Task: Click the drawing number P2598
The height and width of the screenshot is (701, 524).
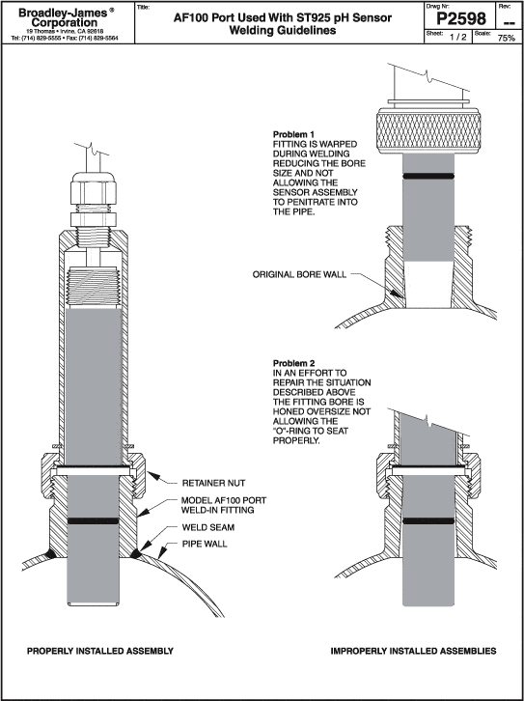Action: pos(460,18)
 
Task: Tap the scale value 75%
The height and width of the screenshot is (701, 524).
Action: pos(506,38)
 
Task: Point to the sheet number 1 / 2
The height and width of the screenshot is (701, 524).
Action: pos(457,38)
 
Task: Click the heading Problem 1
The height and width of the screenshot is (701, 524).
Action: pos(294,134)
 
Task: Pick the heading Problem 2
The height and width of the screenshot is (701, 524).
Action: pos(294,363)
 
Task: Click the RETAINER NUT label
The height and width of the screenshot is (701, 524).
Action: pos(213,484)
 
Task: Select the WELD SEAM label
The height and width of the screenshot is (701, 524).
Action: pos(208,527)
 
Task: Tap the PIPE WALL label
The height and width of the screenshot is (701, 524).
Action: pos(205,544)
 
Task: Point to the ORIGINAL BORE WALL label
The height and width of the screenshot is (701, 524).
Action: pos(299,274)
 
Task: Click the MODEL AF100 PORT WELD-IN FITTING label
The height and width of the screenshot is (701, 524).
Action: pos(223,505)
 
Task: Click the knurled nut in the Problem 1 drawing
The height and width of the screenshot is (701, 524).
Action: pos(429,130)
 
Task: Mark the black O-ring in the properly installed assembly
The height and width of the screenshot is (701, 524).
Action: pos(94,520)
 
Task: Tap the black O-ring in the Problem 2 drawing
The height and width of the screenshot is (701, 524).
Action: pos(428,520)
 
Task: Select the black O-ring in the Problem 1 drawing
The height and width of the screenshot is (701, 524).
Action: pos(428,176)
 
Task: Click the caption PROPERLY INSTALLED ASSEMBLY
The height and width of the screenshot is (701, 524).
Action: pos(100,651)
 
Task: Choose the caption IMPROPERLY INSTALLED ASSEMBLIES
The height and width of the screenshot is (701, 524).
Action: pos(413,651)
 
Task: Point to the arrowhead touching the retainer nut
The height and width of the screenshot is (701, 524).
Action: pos(152,475)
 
